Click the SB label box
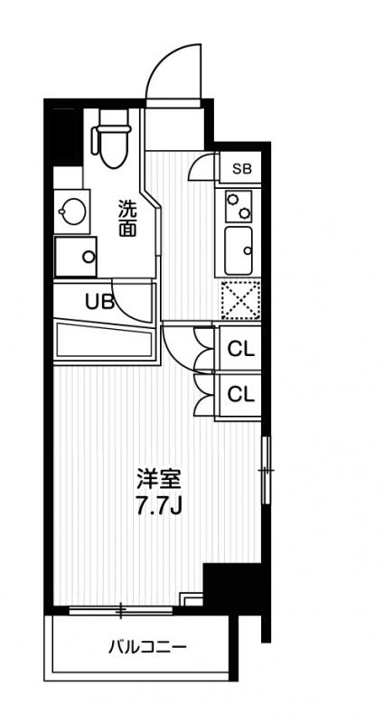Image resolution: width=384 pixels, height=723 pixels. [x=240, y=168]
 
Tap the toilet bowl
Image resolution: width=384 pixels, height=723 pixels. [x=114, y=148]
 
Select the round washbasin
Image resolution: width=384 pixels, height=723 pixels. [x=72, y=211]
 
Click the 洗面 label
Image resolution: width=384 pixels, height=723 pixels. [x=127, y=218]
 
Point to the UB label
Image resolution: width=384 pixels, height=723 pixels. [x=98, y=302]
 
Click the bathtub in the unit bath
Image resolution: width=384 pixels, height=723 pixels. [x=104, y=340]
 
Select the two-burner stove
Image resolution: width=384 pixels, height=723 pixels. [x=239, y=206]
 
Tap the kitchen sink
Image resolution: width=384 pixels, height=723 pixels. [x=239, y=250]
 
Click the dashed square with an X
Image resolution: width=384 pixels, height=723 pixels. [x=240, y=299]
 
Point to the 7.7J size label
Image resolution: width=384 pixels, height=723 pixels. [x=160, y=506]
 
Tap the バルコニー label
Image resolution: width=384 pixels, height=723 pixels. [x=148, y=647]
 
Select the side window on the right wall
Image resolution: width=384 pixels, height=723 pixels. [x=266, y=470]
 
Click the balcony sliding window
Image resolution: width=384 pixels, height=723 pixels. [x=121, y=611]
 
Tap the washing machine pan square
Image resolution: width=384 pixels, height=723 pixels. [x=76, y=257]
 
